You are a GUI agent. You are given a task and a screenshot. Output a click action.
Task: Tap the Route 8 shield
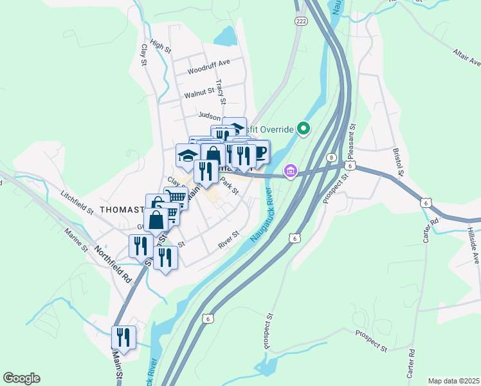click(331, 158)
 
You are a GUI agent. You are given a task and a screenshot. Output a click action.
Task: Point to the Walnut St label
click(199, 94)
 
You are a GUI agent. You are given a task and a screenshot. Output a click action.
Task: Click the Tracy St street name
click(221, 91)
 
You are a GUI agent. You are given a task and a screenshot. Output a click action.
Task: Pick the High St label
click(160, 46)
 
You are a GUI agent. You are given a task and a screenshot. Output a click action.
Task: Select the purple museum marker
click(291, 171)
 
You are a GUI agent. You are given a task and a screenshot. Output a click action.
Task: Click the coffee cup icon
click(259, 152)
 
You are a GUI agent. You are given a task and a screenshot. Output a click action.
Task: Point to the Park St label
click(228, 187)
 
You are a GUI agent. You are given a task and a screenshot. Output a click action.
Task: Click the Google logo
click(21, 378)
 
